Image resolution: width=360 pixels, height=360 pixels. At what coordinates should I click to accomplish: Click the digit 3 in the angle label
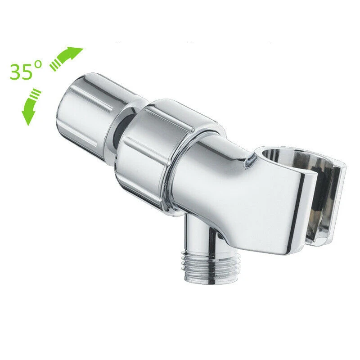15,72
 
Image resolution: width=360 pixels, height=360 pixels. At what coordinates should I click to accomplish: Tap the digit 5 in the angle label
27,72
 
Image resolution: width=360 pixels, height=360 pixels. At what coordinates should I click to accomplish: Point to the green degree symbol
38,64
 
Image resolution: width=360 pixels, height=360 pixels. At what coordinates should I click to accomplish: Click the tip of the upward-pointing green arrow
83,49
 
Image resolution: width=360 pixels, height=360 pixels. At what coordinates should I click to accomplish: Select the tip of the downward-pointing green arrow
28,126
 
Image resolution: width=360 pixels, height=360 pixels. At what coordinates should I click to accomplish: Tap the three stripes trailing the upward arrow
54,65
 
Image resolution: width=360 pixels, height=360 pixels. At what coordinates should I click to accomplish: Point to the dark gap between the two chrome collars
121,129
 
